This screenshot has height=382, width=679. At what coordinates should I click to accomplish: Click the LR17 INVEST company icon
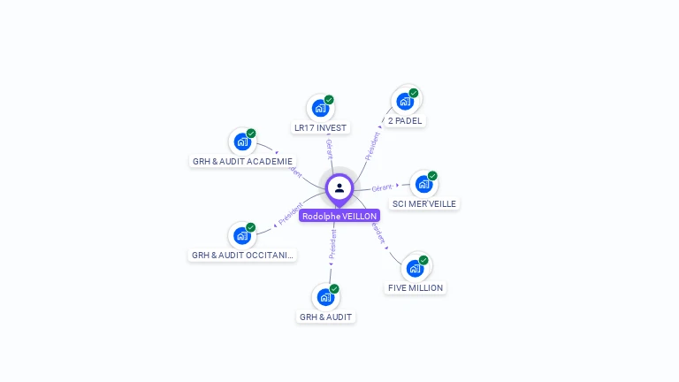tap(319, 108)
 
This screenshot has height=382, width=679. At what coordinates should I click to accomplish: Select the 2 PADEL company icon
tap(404, 101)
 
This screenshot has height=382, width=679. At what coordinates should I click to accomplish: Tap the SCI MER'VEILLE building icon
tap(423, 184)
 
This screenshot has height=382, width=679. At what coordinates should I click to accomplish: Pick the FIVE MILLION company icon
tap(415, 268)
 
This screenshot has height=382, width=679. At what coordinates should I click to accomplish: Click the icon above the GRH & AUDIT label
tap(325, 297)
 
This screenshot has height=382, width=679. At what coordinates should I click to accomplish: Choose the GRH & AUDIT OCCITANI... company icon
tap(241, 235)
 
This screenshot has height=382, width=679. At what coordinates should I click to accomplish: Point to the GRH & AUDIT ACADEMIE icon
tap(241, 141)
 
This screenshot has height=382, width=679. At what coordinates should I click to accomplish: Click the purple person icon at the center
tap(339, 187)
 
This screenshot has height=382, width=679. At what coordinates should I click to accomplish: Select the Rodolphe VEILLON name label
tap(339, 216)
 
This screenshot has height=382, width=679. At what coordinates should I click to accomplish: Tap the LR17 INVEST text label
tap(320, 128)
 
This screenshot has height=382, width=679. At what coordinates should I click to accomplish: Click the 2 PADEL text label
tap(405, 121)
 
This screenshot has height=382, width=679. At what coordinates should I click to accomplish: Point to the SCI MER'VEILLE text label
tap(424, 203)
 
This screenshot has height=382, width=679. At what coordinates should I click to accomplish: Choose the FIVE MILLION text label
tap(416, 287)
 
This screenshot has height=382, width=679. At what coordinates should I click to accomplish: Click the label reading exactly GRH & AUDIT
tap(325, 317)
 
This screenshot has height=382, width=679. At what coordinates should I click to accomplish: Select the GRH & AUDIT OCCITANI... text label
tap(243, 256)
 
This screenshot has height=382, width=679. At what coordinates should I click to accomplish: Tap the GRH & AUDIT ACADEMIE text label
tap(242, 162)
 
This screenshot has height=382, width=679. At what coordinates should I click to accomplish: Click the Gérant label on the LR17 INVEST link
tap(330, 149)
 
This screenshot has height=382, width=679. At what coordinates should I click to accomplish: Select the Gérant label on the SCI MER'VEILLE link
tap(382, 187)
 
